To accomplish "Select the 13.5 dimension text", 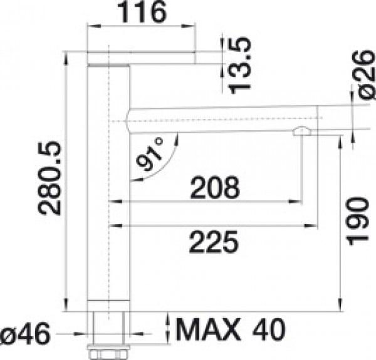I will [x=241, y=64].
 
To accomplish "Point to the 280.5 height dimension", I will [x=50, y=178].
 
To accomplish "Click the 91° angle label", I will [x=151, y=155].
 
